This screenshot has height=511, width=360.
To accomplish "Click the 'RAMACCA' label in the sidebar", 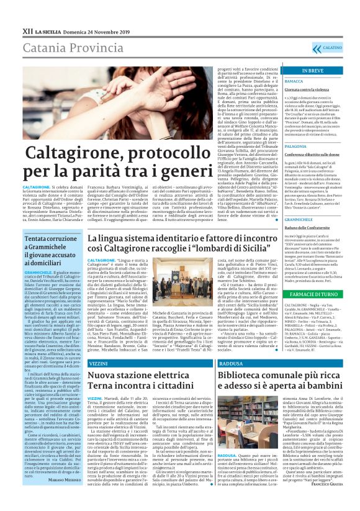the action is (x=294, y=81).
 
